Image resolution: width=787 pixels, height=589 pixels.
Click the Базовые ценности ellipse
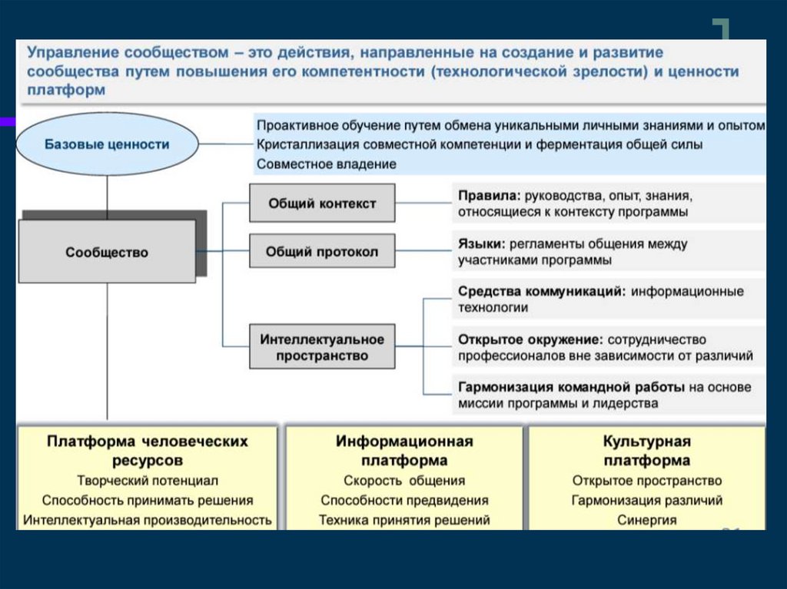click(107, 144)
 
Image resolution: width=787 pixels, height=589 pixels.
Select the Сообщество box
click(107, 252)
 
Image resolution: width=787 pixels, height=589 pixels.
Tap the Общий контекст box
click(322, 204)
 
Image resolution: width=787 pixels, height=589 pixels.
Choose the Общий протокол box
click(322, 252)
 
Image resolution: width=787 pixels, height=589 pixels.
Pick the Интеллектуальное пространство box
click(322, 347)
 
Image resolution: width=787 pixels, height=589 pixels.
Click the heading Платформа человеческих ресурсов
click(148, 451)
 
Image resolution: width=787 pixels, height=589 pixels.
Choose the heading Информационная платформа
click(404, 451)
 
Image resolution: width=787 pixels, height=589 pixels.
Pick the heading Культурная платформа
click(646, 451)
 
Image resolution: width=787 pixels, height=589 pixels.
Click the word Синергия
click(646, 520)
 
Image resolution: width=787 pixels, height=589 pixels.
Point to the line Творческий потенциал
click(148, 481)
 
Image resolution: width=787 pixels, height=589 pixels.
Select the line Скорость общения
click(404, 481)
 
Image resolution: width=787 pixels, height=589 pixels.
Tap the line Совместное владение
click(327, 164)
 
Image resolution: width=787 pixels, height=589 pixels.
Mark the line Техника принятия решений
click(404, 520)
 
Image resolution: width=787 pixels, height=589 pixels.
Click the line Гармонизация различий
click(646, 501)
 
